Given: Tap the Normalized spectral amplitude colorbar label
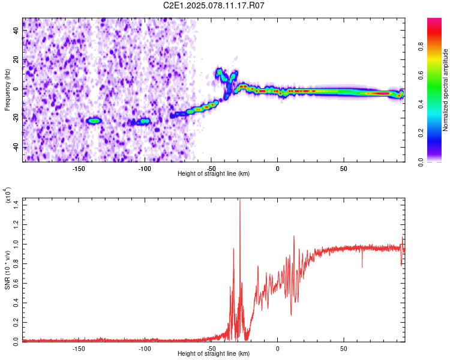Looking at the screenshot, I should tap(446, 90).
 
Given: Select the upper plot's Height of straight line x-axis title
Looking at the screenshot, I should tap(214, 173).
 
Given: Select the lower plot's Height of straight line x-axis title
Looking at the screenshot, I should tap(214, 353).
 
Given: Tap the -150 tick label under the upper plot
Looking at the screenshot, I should tap(78, 169).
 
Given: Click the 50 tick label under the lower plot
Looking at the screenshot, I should tap(344, 348).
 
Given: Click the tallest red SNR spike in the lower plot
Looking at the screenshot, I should tap(240, 200).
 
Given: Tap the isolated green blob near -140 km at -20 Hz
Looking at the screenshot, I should tap(94, 121).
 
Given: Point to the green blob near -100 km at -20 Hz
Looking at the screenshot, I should tap(143, 121).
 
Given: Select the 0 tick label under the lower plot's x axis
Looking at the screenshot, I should tap(278, 348).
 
